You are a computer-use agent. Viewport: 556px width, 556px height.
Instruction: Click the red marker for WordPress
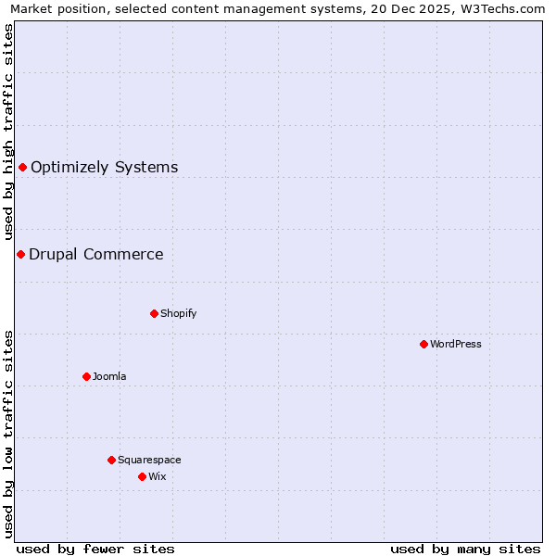click(423, 344)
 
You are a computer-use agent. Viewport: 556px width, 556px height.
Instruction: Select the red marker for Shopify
click(154, 313)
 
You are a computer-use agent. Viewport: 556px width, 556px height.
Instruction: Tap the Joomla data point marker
click(86, 376)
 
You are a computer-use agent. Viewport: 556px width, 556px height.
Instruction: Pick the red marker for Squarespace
click(111, 460)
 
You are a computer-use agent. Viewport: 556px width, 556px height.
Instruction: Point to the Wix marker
click(142, 476)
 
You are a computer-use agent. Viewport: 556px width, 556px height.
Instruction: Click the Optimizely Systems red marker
click(22, 167)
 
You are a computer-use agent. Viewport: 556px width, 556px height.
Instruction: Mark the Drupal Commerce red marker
click(20, 254)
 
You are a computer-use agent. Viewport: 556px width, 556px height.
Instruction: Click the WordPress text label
click(456, 344)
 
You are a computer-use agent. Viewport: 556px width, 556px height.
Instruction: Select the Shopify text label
click(179, 313)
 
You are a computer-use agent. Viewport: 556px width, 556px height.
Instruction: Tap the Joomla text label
click(109, 376)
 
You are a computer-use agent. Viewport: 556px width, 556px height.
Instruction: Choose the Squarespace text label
click(149, 460)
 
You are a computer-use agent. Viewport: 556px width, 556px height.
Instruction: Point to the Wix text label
click(158, 476)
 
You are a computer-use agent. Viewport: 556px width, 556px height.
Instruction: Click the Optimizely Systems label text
click(105, 167)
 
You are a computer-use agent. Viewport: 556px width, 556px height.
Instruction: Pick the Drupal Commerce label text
click(96, 254)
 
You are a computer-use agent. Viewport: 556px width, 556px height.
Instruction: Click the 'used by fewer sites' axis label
click(95, 549)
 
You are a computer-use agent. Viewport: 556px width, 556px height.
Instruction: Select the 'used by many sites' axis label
click(465, 549)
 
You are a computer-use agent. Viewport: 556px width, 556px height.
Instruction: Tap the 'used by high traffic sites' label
click(8, 133)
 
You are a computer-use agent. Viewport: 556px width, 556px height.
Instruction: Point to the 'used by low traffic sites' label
click(8, 433)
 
